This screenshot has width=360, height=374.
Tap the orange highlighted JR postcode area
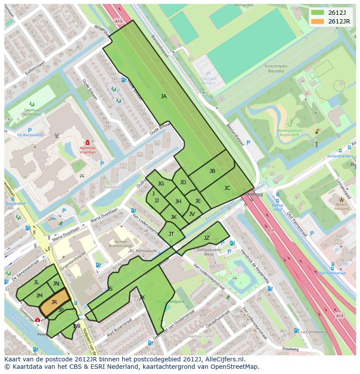tap(54, 302)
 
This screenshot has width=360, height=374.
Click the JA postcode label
tap(163, 96)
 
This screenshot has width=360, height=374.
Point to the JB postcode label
tap(212, 171)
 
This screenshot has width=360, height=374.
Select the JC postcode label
tap(227, 188)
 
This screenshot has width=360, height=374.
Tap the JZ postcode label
tap(207, 238)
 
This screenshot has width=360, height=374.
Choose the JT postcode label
tap(171, 234)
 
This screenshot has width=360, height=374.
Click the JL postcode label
tap(37, 282)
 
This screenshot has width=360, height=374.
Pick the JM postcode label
tap(39, 295)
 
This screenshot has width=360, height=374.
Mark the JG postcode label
tap(161, 184)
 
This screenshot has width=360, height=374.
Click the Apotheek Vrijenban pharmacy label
tap(88, 150)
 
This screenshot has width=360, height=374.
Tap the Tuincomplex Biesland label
tap(276, 68)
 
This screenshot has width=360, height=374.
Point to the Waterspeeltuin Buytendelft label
tap(290, 132)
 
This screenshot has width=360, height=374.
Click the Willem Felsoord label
tap(342, 206)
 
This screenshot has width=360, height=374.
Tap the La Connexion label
tap(312, 331)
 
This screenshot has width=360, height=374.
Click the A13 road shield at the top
tap(119, 20)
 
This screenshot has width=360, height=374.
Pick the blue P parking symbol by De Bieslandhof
tap(30, 130)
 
